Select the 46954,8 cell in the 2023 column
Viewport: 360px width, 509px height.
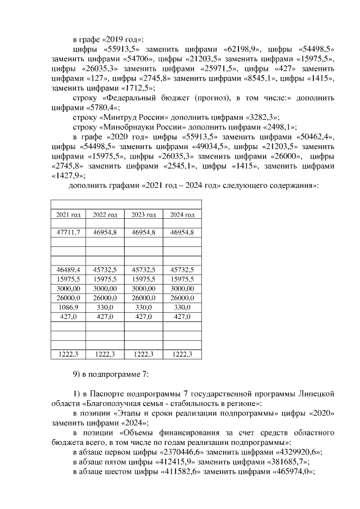pyautogui.click(x=143, y=232)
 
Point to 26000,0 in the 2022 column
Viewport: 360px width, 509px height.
pyautogui.click(x=105, y=298)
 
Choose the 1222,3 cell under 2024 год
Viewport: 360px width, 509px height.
pyautogui.click(x=182, y=354)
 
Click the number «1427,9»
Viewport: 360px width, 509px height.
pyautogui.click(x=64, y=175)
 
